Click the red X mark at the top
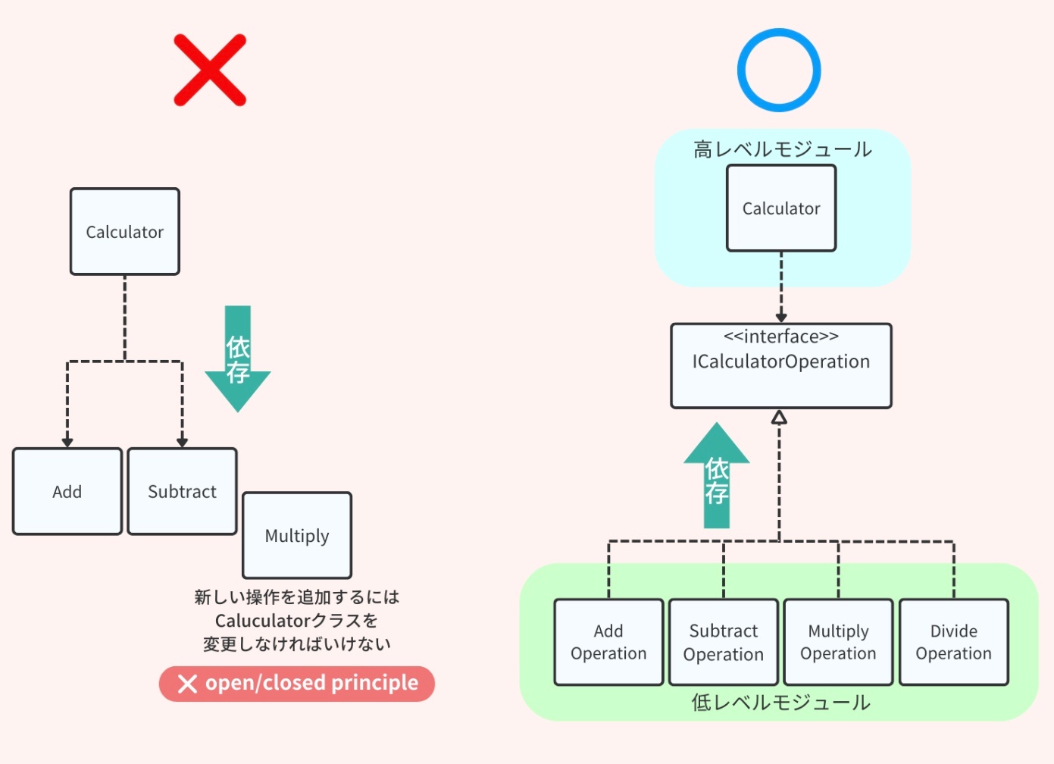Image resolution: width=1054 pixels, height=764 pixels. coord(210,70)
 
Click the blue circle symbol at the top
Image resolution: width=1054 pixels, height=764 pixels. coord(779,70)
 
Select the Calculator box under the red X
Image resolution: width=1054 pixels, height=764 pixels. coord(125,232)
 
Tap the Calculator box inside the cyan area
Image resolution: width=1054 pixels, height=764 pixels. coord(781,208)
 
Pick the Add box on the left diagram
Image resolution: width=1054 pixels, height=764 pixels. coord(67,492)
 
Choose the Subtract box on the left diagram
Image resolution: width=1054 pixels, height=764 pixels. coord(183,492)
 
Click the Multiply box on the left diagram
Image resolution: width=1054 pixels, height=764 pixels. coord(297,536)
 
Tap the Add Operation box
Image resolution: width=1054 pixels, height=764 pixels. coord(608,643)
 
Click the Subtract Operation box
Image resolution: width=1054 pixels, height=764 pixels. coord(724,643)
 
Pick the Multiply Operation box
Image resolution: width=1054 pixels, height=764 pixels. coord(838,643)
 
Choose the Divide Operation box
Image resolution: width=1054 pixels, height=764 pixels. coord(954,643)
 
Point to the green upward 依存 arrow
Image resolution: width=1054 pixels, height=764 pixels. coord(717,477)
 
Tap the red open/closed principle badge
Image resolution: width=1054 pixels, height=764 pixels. coord(297,684)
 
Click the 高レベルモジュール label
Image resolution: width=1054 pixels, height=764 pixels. coord(783,149)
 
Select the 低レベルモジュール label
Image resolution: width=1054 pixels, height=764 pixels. coord(780,703)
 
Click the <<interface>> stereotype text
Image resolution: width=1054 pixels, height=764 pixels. coord(781,337)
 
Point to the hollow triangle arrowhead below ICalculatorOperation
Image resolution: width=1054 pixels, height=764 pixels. coord(779,418)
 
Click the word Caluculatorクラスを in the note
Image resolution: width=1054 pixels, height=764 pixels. coord(296,621)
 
